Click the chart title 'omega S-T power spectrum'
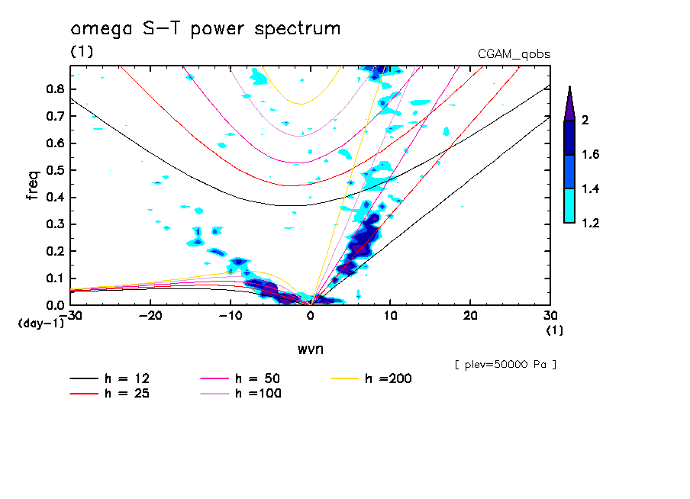pyautogui.click(x=205, y=30)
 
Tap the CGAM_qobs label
pyautogui.click(x=514, y=54)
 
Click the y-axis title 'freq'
pyautogui.click(x=32, y=185)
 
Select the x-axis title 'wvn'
pyautogui.click(x=310, y=349)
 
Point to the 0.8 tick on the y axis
pyautogui.click(x=53, y=89)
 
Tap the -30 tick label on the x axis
pyautogui.click(x=70, y=315)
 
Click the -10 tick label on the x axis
pyautogui.click(x=230, y=315)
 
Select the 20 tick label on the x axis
pyautogui.click(x=470, y=315)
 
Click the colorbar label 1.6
pyautogui.click(x=592, y=155)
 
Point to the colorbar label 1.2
pyautogui.click(x=592, y=224)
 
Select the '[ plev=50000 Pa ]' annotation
pyautogui.click(x=505, y=365)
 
